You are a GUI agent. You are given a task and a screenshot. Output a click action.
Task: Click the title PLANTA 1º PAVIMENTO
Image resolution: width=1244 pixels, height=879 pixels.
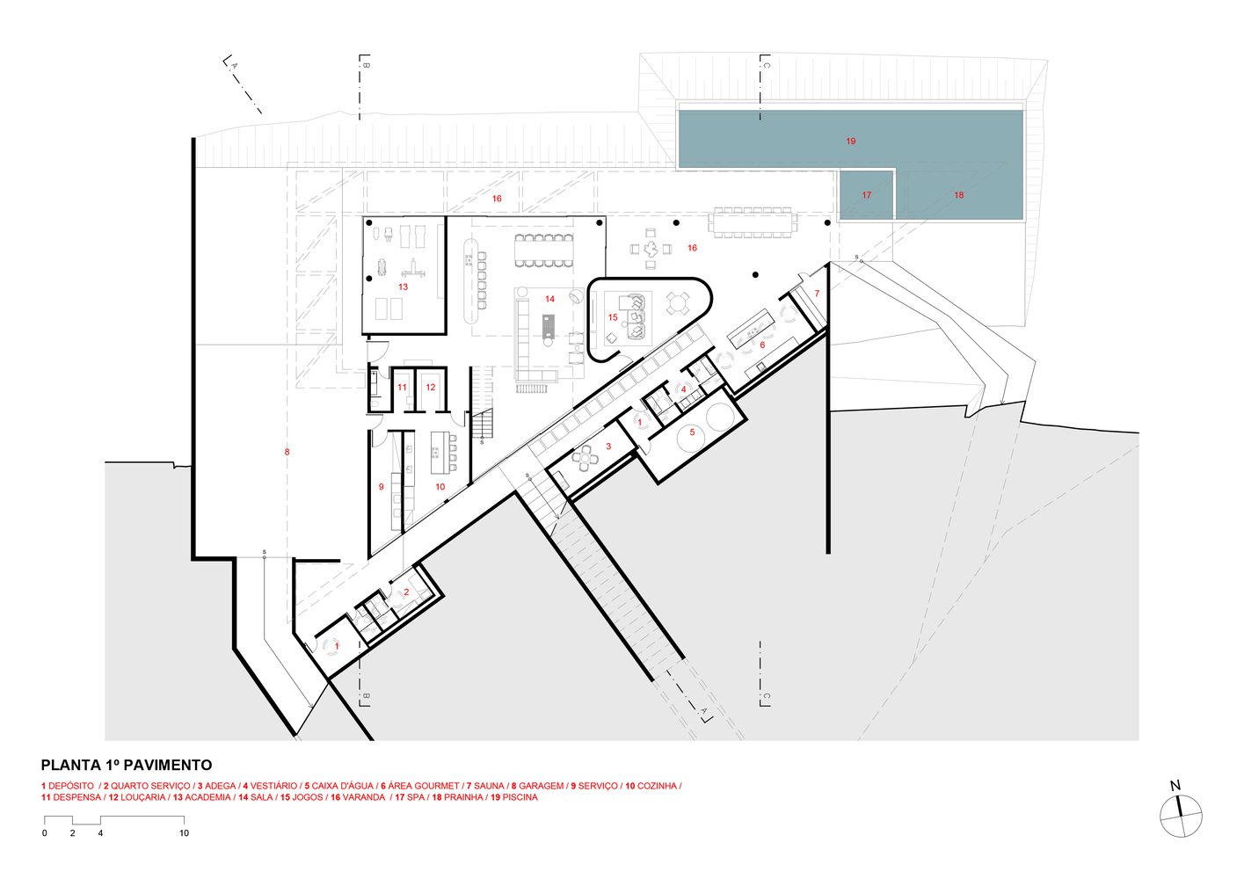pos(126,766)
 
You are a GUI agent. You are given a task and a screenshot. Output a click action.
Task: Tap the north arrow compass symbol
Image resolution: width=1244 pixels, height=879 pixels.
pos(1180,815)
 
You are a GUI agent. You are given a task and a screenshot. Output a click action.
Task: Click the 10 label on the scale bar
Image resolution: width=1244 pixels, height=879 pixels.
pos(184,833)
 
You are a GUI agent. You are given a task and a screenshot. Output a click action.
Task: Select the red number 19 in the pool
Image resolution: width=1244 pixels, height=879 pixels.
pos(850,142)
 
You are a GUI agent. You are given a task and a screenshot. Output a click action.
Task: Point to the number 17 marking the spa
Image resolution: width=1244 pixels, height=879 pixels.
pos(866,195)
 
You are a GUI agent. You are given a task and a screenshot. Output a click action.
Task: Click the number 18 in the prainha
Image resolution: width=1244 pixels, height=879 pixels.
pos(958,195)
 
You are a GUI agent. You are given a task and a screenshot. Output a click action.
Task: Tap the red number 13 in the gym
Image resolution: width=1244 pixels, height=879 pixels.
pos(403,287)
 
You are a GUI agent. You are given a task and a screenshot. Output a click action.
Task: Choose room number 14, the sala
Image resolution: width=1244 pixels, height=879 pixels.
pos(549,300)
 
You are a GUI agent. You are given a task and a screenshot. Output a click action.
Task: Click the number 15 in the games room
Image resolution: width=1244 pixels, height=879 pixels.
pos(613,318)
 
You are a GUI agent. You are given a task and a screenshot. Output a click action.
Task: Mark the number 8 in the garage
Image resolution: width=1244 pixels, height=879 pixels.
pos(287,453)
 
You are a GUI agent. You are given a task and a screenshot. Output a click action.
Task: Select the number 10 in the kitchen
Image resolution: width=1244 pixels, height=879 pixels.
pos(440,487)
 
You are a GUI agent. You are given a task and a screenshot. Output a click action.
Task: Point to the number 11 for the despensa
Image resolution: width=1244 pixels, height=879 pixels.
pos(402,388)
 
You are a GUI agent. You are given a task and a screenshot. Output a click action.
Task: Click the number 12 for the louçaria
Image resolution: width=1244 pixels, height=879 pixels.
pos(431,388)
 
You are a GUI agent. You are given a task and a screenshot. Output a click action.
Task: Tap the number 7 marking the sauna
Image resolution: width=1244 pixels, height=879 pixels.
pos(817,294)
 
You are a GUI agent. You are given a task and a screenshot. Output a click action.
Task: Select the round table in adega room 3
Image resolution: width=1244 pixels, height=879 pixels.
pos(584,456)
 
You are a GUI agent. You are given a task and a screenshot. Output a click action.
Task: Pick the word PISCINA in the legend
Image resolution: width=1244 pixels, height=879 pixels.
pos(520,797)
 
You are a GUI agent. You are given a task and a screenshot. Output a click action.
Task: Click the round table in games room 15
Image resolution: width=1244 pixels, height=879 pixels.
pos(676,304)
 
